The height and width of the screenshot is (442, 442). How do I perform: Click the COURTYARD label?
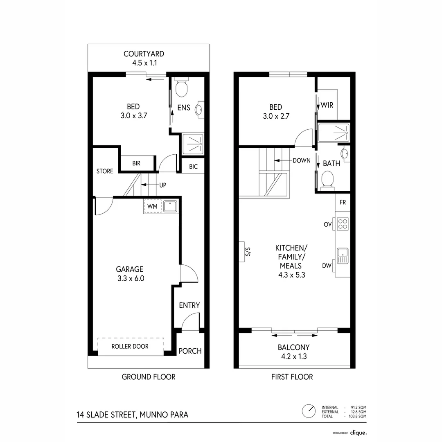(x=144, y=54)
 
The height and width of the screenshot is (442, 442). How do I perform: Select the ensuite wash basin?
(x=199, y=109)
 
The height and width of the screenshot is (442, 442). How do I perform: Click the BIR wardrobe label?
(x=136, y=163)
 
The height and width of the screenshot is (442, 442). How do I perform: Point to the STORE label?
(x=105, y=171)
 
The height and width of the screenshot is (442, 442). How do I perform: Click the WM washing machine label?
(x=151, y=206)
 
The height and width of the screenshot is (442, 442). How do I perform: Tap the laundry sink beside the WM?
(x=169, y=206)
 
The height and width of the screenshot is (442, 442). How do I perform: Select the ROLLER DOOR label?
(x=130, y=346)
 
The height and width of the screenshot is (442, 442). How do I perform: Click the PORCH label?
(x=190, y=351)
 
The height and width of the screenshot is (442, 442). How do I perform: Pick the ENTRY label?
(x=189, y=305)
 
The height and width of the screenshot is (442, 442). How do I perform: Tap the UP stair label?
(x=162, y=185)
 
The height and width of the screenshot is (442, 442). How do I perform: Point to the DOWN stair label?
(x=302, y=160)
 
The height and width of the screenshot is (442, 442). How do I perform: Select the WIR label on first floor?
(x=327, y=105)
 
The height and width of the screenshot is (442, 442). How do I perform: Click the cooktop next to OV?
(x=343, y=224)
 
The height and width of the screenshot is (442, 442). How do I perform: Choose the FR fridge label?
(x=343, y=203)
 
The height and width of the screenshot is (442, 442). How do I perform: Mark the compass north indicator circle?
(x=308, y=410)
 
